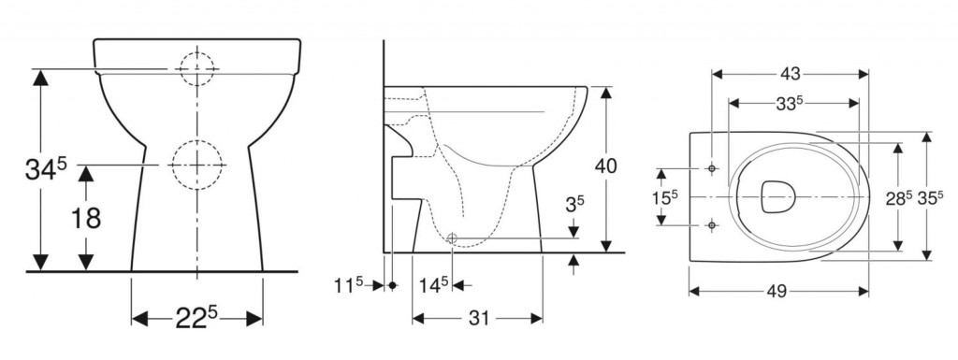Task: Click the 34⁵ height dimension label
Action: pos(46,169)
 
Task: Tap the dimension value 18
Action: pos(86,218)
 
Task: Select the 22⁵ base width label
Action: pos(196,317)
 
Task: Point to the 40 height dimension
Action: pos(605,166)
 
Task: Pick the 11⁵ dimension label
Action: pos(352,285)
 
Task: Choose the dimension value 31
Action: pos(478,318)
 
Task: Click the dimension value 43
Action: pos(790,74)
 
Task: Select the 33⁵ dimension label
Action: pos(789,104)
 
